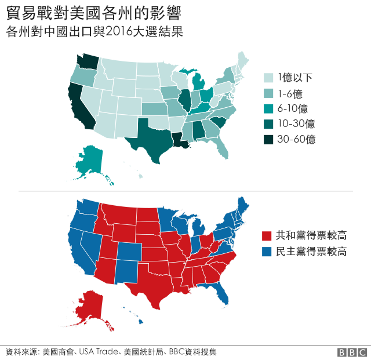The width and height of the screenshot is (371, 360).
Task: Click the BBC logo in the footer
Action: (x=352, y=352)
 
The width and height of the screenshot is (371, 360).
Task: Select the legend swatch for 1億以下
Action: (x=268, y=78)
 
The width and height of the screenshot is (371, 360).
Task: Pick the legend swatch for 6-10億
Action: (x=268, y=108)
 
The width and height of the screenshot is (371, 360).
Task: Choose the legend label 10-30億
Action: (x=296, y=123)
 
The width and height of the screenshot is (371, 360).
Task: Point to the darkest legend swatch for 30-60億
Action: (x=268, y=139)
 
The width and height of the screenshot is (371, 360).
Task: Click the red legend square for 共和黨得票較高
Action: (x=267, y=236)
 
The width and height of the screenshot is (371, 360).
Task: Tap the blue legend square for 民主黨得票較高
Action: (x=267, y=252)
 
